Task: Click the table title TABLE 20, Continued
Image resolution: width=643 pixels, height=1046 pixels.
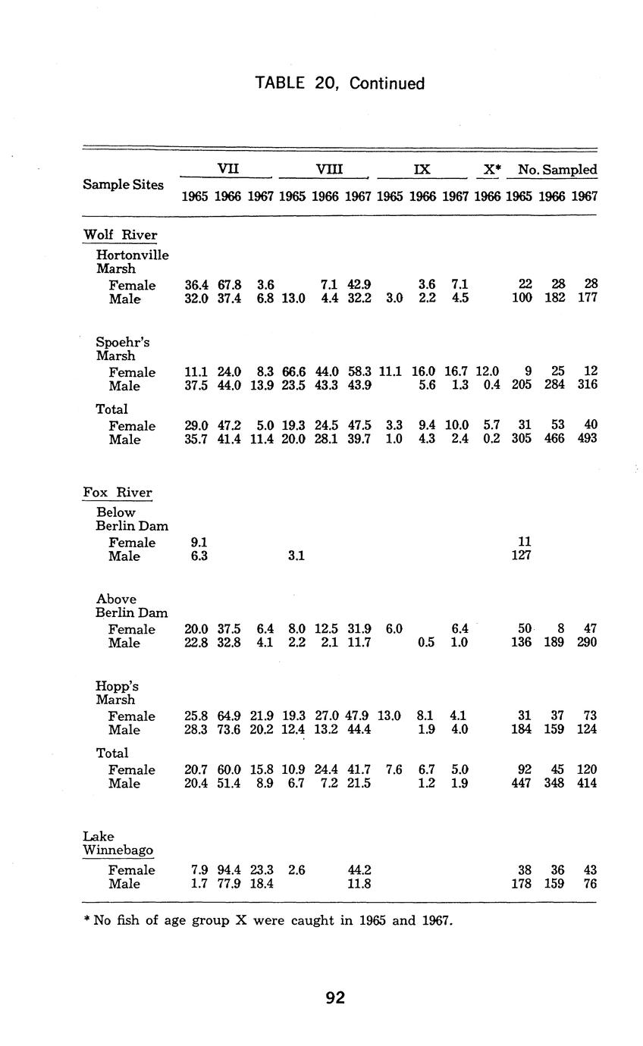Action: pyautogui.click(x=340, y=83)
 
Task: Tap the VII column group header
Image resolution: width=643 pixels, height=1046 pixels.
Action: pyautogui.click(x=227, y=169)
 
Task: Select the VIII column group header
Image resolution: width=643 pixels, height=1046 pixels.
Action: pyautogui.click(x=325, y=169)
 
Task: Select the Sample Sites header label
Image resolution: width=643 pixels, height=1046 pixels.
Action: pyautogui.click(x=123, y=184)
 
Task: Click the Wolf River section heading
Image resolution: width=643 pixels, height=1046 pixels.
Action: pyautogui.click(x=119, y=235)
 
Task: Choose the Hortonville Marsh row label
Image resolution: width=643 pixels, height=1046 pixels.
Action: pyautogui.click(x=132, y=261)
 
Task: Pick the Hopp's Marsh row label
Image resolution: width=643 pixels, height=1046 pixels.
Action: pyautogui.click(x=117, y=693)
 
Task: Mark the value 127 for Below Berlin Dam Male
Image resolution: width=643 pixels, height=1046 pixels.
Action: pyautogui.click(x=521, y=556)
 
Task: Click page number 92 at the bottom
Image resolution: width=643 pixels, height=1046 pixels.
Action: pyautogui.click(x=335, y=998)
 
